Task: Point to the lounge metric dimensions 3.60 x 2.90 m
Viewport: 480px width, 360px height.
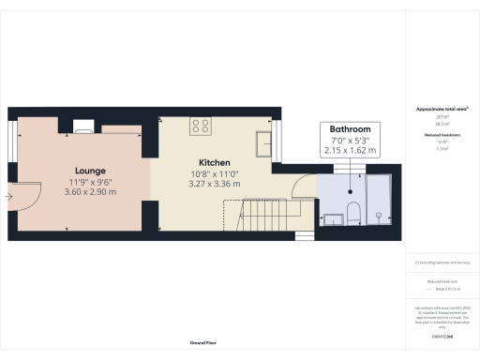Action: (92, 192)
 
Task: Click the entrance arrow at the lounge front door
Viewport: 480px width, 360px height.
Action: (8, 197)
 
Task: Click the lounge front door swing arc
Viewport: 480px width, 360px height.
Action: (30, 192)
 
